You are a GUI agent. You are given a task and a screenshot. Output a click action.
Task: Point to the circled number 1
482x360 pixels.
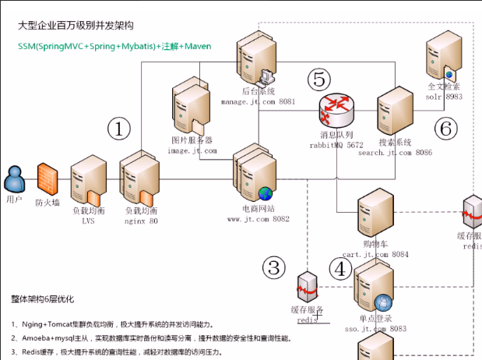118,129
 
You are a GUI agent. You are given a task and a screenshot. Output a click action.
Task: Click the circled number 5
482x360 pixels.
318,79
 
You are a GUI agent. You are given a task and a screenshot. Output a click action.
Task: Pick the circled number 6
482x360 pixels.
445,129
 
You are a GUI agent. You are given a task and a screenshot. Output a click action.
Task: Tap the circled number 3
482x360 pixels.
273,268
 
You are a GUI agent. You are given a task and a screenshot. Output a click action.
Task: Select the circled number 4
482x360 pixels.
340,269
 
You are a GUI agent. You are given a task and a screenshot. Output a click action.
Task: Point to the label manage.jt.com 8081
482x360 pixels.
258,102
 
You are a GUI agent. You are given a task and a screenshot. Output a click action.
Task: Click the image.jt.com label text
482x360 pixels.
192,150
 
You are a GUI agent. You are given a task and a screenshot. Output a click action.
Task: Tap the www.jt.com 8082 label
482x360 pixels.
259,219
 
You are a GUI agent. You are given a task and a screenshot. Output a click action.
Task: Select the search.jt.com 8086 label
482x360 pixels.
395,153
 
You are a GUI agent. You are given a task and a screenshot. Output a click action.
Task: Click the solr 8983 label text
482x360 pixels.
444,97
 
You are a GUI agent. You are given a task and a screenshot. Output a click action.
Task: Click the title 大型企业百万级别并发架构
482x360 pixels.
83,26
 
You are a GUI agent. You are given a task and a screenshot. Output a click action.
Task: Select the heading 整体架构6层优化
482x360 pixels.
49,298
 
